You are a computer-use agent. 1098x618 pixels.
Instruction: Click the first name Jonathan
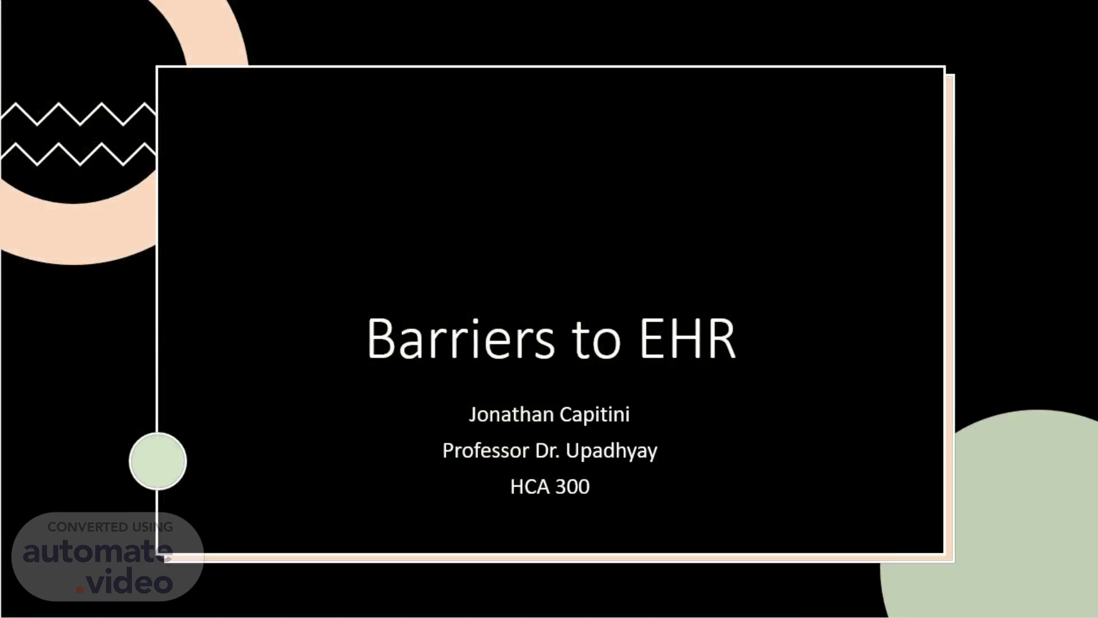tap(511, 414)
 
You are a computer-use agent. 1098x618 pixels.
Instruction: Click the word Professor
tap(486, 451)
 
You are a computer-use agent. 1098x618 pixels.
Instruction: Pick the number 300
tap(572, 487)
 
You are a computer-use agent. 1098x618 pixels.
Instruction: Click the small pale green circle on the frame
tap(158, 461)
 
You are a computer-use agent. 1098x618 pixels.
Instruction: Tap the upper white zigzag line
tap(78, 114)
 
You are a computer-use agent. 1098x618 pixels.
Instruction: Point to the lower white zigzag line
tap(78, 154)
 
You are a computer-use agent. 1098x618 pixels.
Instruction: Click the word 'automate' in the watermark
tap(97, 552)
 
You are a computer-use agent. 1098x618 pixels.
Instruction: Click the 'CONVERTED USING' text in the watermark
tap(110, 527)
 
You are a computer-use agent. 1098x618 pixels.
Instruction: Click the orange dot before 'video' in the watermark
tap(79, 589)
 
